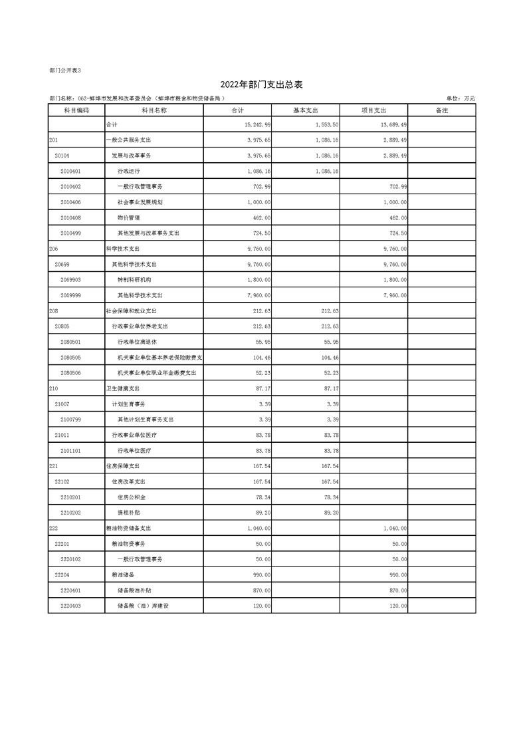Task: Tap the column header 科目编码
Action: pos(76,110)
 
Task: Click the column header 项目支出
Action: pos(373,110)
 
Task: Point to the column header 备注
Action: pos(441,110)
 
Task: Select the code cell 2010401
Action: pos(70,171)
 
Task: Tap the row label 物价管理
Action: pos(128,217)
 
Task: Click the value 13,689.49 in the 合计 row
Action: pos(393,125)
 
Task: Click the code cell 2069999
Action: pos(70,295)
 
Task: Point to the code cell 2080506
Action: pos(70,373)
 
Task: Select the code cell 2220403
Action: pos(70,606)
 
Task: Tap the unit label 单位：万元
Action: pos(461,99)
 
